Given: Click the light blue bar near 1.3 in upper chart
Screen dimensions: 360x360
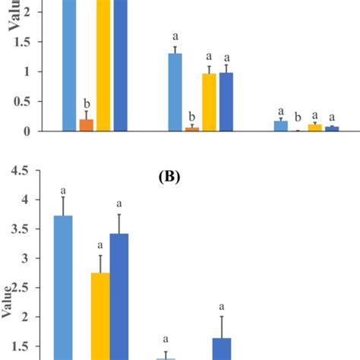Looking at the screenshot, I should [x=175, y=92].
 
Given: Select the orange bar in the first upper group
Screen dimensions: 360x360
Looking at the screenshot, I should [x=87, y=125].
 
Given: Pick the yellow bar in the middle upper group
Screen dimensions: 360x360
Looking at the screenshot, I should [x=209, y=102].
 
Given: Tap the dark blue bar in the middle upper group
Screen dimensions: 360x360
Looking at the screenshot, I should [x=226, y=102].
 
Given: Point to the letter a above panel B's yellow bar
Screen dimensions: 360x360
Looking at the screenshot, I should [x=100, y=245].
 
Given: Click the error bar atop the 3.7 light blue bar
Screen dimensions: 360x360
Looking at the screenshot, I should [x=63, y=206].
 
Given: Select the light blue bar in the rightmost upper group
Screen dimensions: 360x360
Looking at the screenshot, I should [x=280, y=125].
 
